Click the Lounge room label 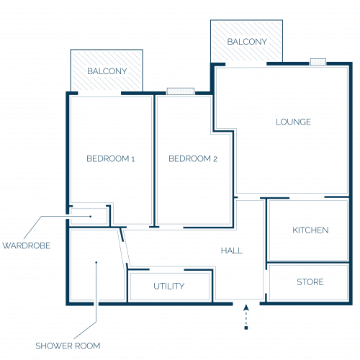point(293,122)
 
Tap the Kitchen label point(310,230)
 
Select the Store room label point(310,282)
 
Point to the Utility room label point(169,286)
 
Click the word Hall point(232,251)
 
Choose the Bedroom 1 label point(110,158)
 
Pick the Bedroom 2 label point(193,158)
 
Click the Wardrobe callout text point(27,246)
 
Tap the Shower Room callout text point(68,346)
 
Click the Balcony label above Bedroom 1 point(107,71)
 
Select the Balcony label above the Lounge point(247,42)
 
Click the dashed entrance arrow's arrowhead point(246,307)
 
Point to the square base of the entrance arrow point(246,328)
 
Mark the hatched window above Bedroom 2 point(181,91)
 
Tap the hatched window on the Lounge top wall point(318,62)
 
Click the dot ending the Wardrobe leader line point(91,217)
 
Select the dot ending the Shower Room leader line point(96,262)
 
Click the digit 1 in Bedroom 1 point(132,159)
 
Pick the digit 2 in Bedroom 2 point(215,159)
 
